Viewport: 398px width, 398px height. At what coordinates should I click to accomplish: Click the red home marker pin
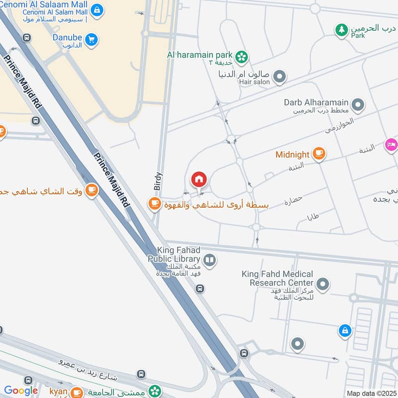click(x=199, y=179)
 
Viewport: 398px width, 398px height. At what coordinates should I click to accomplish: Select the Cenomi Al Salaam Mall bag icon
click(x=98, y=9)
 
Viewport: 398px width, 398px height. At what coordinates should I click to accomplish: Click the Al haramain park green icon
click(x=242, y=57)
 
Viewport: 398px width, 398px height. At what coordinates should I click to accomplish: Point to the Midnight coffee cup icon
click(x=319, y=154)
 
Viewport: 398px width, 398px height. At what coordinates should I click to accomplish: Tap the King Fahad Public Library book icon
click(x=210, y=260)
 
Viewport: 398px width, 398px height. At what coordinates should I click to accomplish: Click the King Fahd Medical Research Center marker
click(x=323, y=285)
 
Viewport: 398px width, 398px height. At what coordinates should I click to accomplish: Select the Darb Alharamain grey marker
click(x=357, y=105)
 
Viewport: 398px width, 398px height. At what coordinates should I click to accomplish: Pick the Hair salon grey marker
click(x=280, y=77)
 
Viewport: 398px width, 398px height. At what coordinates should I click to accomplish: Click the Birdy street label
click(x=158, y=178)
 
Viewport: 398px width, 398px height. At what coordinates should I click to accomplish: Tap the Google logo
click(x=21, y=391)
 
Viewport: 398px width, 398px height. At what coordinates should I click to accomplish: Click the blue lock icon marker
click(x=344, y=330)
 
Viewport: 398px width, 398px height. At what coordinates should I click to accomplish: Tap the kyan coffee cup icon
click(x=77, y=392)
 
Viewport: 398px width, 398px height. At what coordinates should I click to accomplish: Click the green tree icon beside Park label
click(x=341, y=30)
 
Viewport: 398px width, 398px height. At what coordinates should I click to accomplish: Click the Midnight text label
click(x=293, y=155)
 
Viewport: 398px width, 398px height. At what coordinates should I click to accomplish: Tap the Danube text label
click(x=65, y=38)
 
